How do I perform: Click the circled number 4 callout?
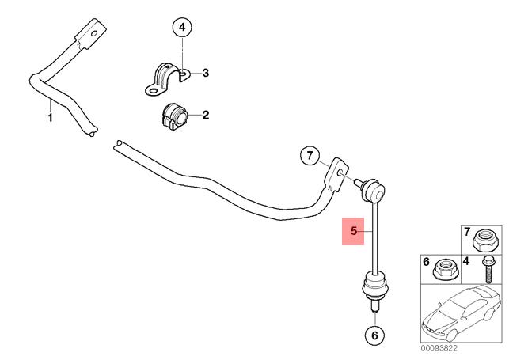pyautogui.click(x=182, y=27)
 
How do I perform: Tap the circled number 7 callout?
pyautogui.click(x=310, y=156)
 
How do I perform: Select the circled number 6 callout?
pyautogui.click(x=374, y=335)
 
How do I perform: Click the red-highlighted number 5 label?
pyautogui.click(x=353, y=231)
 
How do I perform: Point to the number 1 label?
pyautogui.click(x=50, y=117)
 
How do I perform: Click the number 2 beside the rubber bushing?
pyautogui.click(x=206, y=115)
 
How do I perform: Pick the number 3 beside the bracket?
pyautogui.click(x=206, y=73)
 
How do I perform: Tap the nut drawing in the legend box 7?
pyautogui.click(x=483, y=241)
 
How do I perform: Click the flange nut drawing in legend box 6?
pyautogui.click(x=446, y=270)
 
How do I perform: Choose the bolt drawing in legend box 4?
pyautogui.click(x=488, y=270)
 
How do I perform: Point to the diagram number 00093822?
pyautogui.click(x=439, y=348)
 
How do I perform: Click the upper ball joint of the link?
pyautogui.click(x=374, y=190)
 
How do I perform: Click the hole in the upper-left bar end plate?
pyautogui.click(x=94, y=33)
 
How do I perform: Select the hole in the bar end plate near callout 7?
pyautogui.click(x=340, y=172)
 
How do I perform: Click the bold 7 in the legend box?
pyautogui.click(x=467, y=232)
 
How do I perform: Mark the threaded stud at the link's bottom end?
pyautogui.click(x=374, y=304)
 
